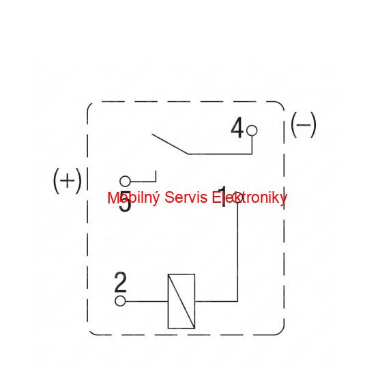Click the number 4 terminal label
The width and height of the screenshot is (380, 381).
(x=237, y=128)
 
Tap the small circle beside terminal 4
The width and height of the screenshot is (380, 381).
(x=252, y=130)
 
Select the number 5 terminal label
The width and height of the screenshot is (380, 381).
(x=125, y=201)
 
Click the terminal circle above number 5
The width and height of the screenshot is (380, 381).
(x=125, y=181)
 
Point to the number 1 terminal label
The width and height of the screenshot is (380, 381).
(x=223, y=197)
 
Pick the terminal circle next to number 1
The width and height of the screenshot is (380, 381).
(x=237, y=197)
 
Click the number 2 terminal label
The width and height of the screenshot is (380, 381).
(x=121, y=282)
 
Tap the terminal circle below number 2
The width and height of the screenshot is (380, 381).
(x=120, y=301)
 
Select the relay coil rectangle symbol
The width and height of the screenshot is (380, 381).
(x=181, y=301)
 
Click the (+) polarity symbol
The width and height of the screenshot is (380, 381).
(x=68, y=181)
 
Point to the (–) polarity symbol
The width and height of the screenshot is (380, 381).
(x=304, y=125)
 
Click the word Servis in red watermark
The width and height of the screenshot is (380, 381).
(x=186, y=197)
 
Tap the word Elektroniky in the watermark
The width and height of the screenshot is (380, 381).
(x=250, y=197)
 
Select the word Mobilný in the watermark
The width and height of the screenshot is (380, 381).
(x=134, y=197)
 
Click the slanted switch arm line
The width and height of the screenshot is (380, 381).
(x=170, y=144)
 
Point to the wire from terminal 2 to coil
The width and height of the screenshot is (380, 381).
(x=147, y=301)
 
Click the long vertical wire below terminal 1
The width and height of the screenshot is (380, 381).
(x=237, y=252)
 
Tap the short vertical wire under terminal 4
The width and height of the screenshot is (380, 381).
(x=252, y=145)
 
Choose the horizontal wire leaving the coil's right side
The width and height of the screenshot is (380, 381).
(x=216, y=302)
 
